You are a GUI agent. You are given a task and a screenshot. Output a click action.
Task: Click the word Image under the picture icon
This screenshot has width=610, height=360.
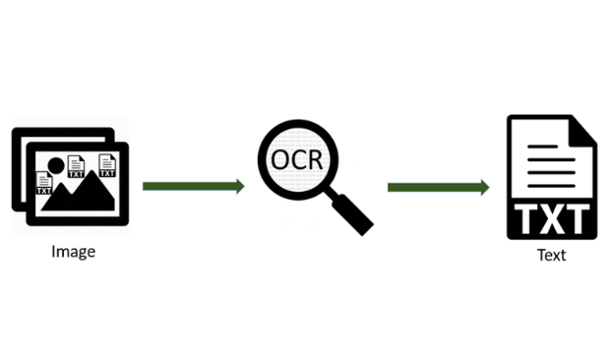pos(73,251)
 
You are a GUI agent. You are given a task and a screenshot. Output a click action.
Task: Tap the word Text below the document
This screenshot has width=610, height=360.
pos(551,255)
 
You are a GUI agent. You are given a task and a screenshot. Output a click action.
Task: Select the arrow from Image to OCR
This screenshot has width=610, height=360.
pos(193,186)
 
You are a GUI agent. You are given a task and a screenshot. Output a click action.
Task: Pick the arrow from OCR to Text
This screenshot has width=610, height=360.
pos(438,186)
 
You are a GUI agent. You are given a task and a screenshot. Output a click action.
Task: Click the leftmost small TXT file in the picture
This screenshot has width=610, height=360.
pos(44,183)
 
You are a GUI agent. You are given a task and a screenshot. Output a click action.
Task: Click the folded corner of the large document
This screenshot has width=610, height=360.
pos(580,131)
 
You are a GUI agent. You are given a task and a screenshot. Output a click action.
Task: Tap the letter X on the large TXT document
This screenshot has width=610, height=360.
pos(550,217)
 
